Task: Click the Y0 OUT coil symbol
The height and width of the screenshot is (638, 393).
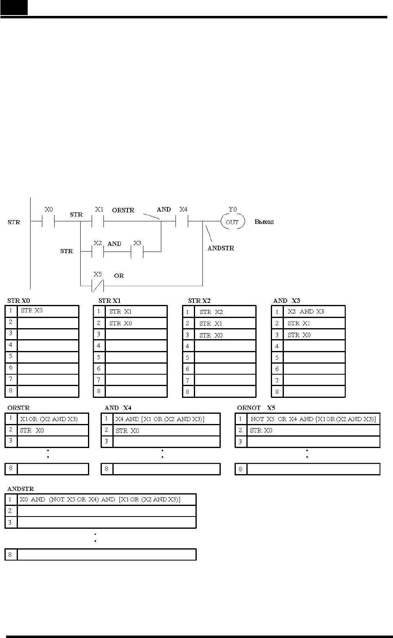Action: tap(233, 221)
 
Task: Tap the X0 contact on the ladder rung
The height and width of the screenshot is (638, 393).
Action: tap(48, 221)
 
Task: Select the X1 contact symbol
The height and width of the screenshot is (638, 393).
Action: tap(98, 221)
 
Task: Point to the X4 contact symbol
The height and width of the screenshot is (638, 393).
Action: tap(182, 221)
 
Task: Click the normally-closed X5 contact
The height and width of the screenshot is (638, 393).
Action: tap(98, 286)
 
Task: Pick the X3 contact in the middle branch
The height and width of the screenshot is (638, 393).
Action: tap(137, 252)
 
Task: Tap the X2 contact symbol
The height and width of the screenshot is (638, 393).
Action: tap(98, 252)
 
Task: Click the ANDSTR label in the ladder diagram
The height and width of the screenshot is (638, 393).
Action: tap(221, 248)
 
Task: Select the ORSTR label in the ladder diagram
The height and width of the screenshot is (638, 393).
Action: tap(123, 210)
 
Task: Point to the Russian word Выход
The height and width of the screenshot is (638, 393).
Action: tap(264, 222)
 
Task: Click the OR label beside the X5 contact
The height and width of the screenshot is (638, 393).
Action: tap(119, 276)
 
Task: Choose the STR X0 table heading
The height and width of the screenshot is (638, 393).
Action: tap(18, 300)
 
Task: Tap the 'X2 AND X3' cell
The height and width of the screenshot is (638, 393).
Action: tap(314, 311)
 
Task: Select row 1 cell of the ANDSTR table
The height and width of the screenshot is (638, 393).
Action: tap(107, 499)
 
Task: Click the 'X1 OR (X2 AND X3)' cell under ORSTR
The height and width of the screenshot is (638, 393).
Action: tap(53, 419)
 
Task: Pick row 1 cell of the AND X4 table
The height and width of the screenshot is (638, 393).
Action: tap(167, 419)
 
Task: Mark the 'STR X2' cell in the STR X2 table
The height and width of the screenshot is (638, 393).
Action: tap(225, 311)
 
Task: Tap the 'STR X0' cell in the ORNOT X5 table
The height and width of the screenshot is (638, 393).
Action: tap(313, 430)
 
